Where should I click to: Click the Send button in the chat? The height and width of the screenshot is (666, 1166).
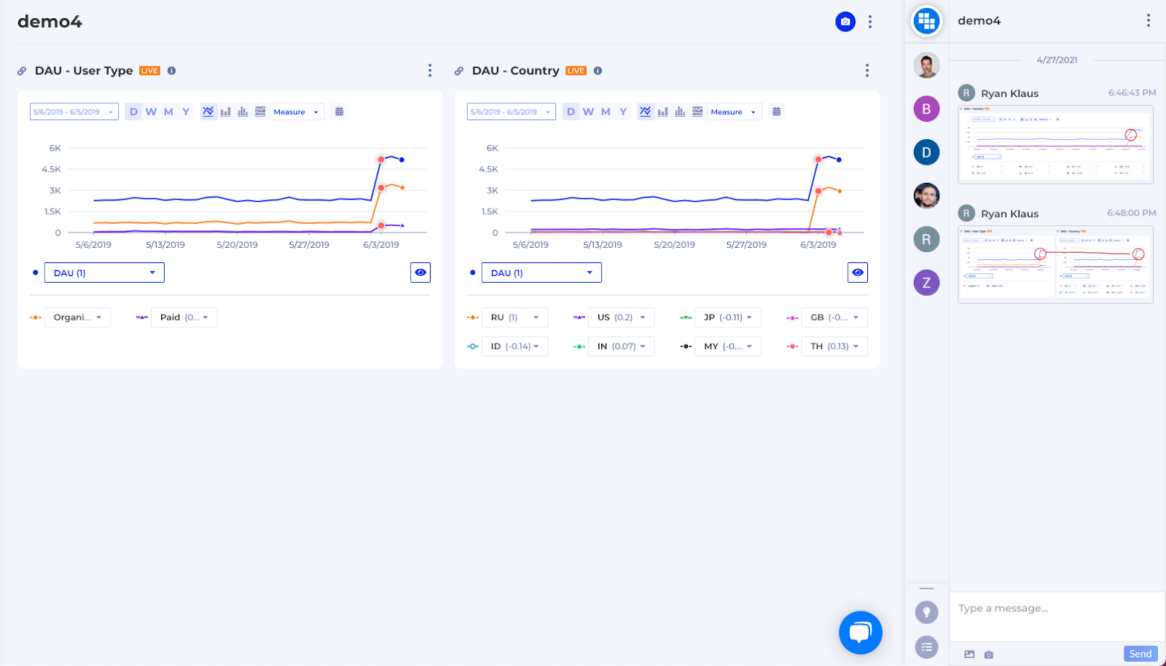[x=1140, y=654]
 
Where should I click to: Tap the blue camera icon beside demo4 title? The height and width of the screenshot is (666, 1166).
[x=845, y=22]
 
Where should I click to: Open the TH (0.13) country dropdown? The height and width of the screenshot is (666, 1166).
[x=834, y=346]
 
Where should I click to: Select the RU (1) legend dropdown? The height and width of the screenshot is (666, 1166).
[x=514, y=318]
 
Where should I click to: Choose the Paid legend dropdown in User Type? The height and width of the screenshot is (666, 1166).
[x=184, y=318]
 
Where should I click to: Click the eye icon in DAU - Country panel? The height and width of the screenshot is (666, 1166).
[x=858, y=273]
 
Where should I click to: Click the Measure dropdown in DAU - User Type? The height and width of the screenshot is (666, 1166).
[x=296, y=112]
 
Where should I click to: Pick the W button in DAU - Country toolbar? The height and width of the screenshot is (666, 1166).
[x=588, y=111]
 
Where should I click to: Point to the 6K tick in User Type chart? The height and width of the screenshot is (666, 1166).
[x=55, y=148]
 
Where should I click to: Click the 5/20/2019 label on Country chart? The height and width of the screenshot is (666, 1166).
[x=674, y=245]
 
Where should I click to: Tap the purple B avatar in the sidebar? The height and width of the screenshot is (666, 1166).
[x=926, y=109]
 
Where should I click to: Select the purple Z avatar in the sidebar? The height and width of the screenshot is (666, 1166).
[x=926, y=283]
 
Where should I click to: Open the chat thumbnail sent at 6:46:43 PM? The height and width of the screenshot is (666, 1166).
[x=1055, y=144]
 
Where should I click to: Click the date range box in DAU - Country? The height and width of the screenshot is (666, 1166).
[x=511, y=112]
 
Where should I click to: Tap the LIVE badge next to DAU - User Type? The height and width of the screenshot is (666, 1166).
[x=149, y=71]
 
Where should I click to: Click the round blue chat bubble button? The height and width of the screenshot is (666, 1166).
[x=860, y=632]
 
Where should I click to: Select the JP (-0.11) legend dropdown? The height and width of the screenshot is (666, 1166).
[x=727, y=318]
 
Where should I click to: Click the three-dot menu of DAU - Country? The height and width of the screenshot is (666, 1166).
[x=866, y=71]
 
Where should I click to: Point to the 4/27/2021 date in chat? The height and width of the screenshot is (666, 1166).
[x=1057, y=60]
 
